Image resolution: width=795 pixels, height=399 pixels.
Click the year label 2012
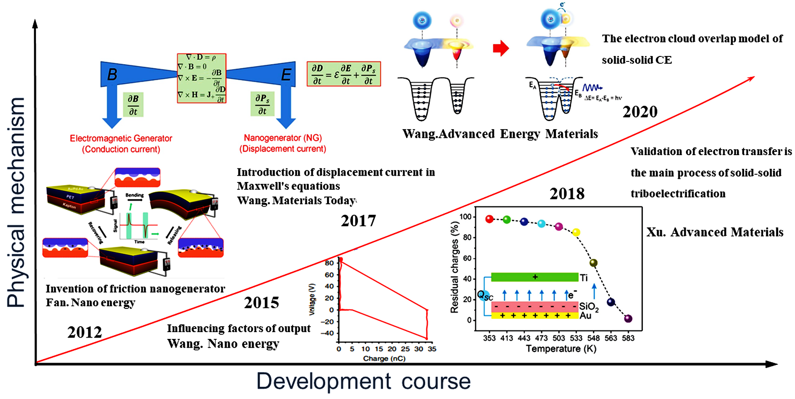point(84,332)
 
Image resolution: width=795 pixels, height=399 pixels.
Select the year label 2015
point(262,303)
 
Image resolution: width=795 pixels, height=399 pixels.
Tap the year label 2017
point(358,221)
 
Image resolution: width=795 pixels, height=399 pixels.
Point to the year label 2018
point(567,194)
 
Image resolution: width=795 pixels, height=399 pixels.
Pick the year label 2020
point(640,112)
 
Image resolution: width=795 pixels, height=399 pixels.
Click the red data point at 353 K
point(489,219)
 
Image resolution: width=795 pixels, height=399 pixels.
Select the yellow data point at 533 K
point(576,232)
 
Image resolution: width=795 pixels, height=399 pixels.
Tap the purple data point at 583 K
point(628,318)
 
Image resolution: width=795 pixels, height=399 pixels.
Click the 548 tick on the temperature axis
point(593,338)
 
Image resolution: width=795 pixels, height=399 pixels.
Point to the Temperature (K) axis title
point(561,349)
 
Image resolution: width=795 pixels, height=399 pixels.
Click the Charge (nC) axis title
point(384,359)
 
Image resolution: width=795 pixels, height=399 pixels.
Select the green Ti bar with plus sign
point(535,277)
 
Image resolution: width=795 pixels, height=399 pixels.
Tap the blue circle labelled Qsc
point(484,296)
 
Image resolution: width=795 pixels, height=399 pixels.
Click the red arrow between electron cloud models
point(501,48)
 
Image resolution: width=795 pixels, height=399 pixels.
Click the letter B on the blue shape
point(112,75)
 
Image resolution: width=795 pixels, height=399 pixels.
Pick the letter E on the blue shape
point(286,75)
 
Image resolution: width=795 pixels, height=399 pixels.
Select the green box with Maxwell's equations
point(201,78)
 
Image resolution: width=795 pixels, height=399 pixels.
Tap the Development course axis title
point(363,381)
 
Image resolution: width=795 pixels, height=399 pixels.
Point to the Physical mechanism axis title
point(16,202)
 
